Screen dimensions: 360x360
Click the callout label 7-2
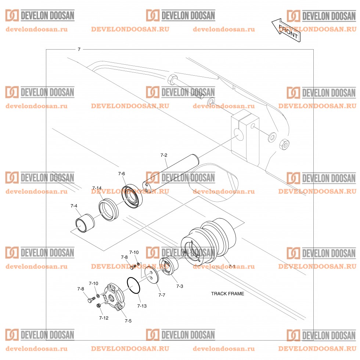click(164, 155)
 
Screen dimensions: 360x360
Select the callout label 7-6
click(122, 173)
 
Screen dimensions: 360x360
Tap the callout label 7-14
click(97, 188)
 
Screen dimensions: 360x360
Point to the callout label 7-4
click(74, 206)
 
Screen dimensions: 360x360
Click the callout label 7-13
click(141, 306)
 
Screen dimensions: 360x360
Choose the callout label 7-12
click(104, 317)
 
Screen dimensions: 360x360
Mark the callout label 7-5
click(128, 321)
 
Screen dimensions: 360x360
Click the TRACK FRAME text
click(227, 294)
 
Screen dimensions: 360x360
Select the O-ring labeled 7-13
click(134, 286)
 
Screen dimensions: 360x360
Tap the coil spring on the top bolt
click(198, 94)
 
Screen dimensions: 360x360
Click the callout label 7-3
click(179, 286)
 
